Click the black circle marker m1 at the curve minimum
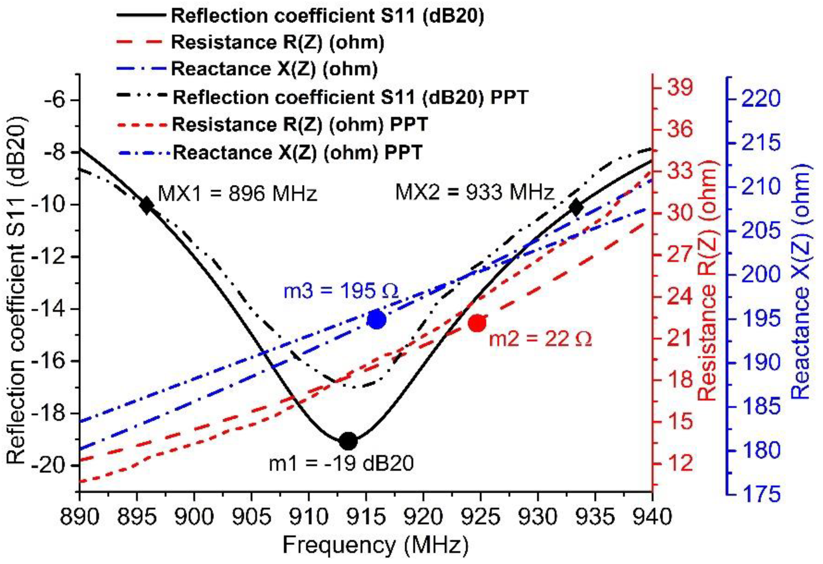tap(348, 441)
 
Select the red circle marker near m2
tap(477, 323)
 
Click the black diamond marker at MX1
tap(146, 205)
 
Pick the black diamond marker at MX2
tap(576, 207)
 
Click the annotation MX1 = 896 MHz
tap(237, 194)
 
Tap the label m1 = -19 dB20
tap(342, 463)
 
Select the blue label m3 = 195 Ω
tap(341, 291)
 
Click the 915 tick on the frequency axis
tap(366, 517)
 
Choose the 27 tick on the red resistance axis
tap(679, 255)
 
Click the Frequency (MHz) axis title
tap(375, 545)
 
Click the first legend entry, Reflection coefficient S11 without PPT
tap(327, 16)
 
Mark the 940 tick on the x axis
tap(652, 517)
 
